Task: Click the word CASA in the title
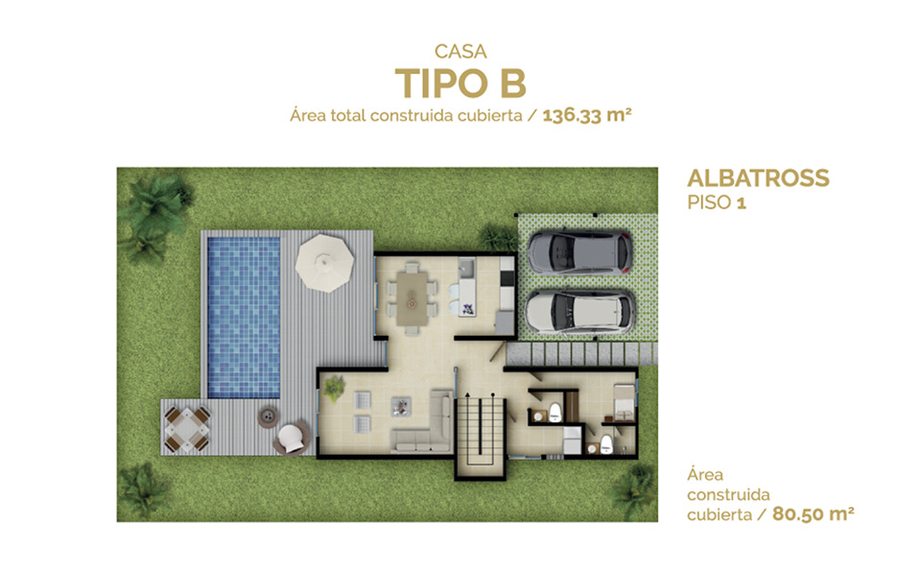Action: click(460, 52)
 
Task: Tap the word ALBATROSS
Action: click(758, 178)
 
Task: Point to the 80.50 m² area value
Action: click(813, 514)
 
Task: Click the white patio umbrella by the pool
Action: click(325, 263)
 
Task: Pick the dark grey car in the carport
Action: click(579, 252)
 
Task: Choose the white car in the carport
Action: click(579, 312)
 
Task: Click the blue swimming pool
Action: click(244, 318)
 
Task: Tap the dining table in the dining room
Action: click(412, 298)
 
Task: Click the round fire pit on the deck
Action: click(269, 416)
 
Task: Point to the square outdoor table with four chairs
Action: click(187, 430)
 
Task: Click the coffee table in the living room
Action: click(401, 407)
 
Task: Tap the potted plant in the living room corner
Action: click(334, 389)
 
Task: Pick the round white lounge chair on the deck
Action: click(291, 439)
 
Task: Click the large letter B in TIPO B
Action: click(512, 83)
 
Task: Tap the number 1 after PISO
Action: click(742, 203)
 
